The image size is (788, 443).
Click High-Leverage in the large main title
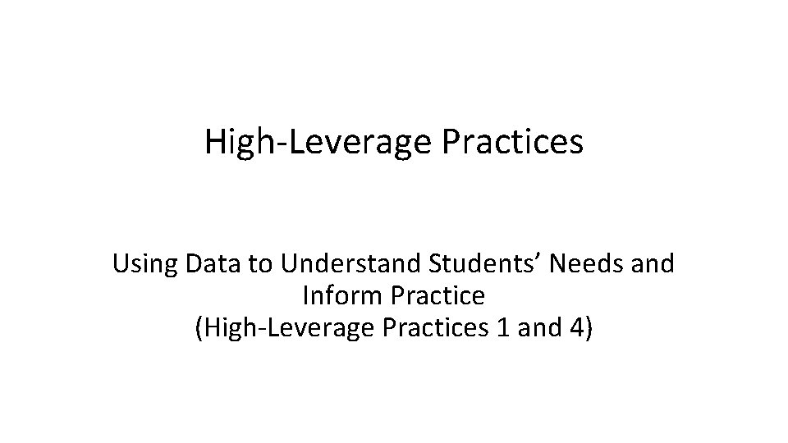(318, 141)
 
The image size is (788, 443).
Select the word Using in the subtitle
(145, 264)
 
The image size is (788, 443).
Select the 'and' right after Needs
(654, 264)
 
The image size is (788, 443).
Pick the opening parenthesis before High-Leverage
(199, 328)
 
